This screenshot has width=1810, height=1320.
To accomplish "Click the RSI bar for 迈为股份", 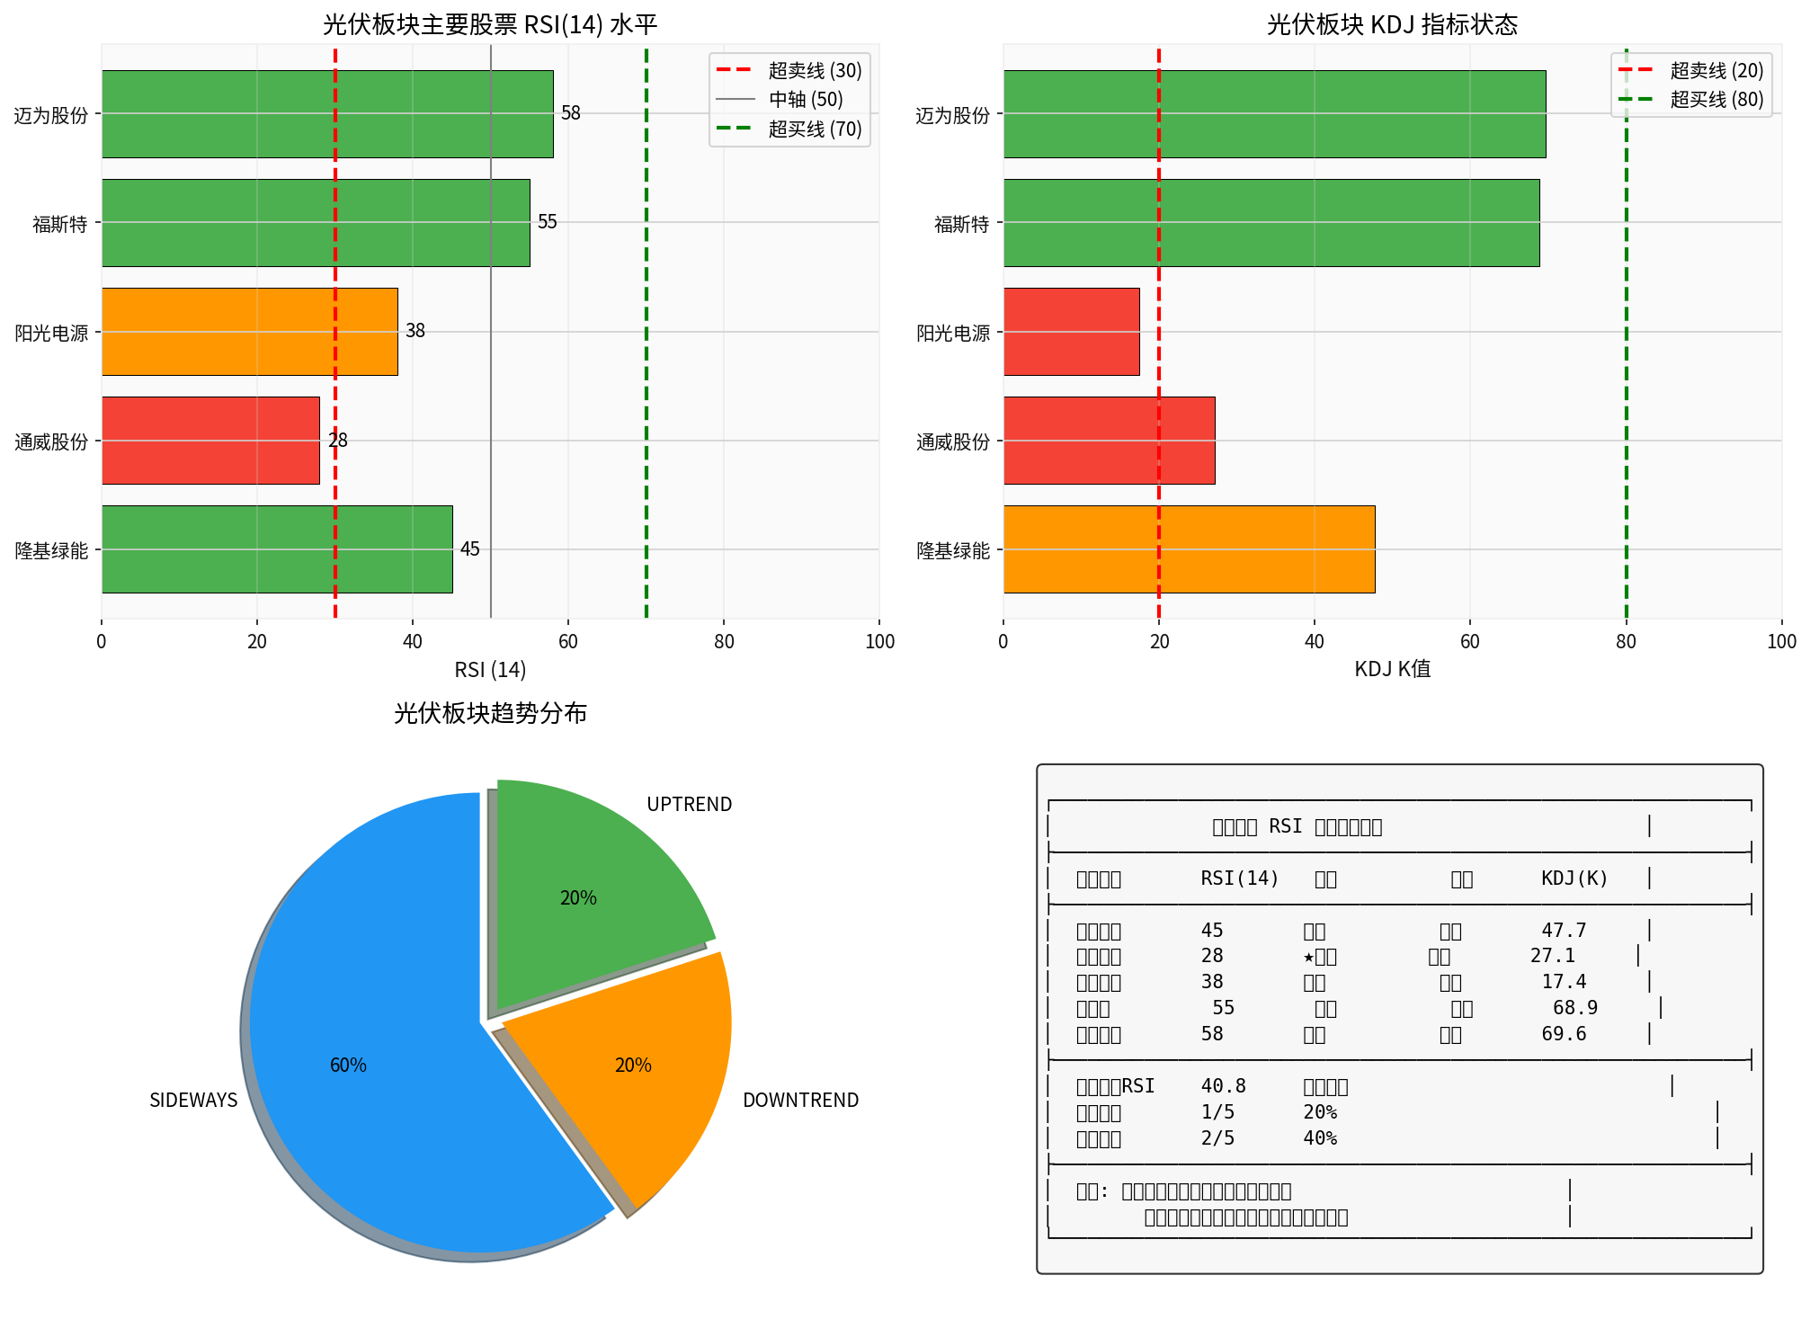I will coord(327,114).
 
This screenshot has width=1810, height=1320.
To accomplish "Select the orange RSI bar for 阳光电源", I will coord(249,332).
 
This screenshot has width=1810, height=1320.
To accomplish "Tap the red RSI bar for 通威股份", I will coord(210,441).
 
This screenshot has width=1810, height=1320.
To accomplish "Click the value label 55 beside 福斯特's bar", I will coord(548,222).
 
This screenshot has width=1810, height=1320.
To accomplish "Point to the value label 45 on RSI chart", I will coord(470,549).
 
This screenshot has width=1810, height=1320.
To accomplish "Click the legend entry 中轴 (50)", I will coord(805,100).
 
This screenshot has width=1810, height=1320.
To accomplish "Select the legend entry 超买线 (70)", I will coord(814,129).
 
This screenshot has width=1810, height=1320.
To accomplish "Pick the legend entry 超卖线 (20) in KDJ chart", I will coord(1716,71).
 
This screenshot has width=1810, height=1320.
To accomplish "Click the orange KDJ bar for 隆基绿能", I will coord(1189,549).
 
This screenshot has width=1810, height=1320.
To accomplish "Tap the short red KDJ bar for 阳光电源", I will coord(1071,332).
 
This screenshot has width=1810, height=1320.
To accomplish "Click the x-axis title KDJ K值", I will coord(1392,670).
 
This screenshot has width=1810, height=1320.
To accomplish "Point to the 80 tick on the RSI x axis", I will coord(724,642).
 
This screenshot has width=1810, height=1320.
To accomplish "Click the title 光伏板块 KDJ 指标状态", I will coord(1392,24).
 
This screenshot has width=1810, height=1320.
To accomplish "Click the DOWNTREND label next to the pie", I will coord(800,1101).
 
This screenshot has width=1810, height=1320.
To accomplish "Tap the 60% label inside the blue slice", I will coord(348,1066).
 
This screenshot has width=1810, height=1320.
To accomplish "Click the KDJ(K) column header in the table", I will coord(1574,879).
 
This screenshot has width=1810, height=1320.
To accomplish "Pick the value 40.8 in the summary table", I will coord(1223,1086).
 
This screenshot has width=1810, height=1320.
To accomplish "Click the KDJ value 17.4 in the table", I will coord(1564,982).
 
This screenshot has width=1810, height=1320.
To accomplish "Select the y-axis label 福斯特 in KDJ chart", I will coord(961,224).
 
